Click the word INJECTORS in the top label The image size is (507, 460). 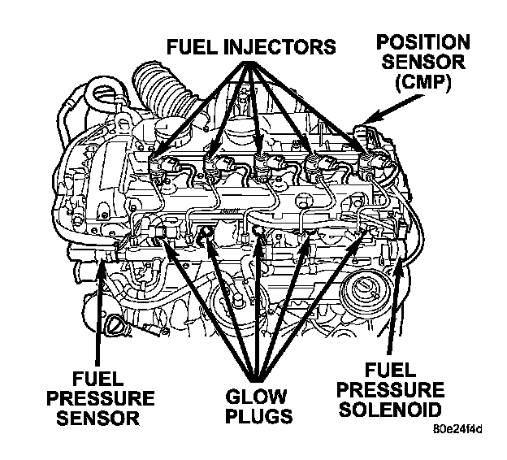[280, 46]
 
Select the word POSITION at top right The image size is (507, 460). [423, 42]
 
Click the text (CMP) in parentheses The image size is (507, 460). [423, 83]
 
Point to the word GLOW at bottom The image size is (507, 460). [256, 397]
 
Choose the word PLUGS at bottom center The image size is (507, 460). [258, 416]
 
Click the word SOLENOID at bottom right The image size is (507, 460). [390, 410]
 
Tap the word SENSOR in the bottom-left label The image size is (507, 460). [98, 418]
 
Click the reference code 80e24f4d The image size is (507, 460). [458, 429]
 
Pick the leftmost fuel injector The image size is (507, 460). [158, 167]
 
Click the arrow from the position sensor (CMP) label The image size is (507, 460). [392, 109]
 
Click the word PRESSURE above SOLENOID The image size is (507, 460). [390, 390]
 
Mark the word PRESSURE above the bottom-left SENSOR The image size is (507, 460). [100, 398]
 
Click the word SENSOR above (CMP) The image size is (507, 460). [423, 62]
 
